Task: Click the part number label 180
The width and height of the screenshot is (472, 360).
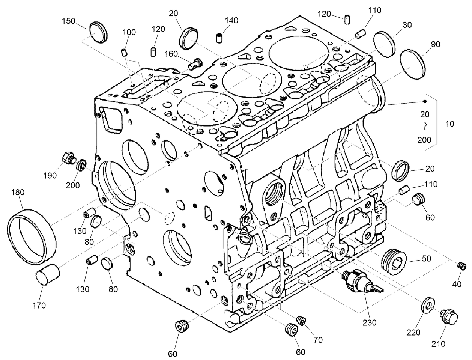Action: tap(18, 193)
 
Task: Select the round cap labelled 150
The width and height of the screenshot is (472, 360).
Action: tap(98, 32)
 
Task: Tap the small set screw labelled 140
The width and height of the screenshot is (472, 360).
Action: tap(219, 38)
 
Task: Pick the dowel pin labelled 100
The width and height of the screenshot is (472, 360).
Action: tap(125, 52)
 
